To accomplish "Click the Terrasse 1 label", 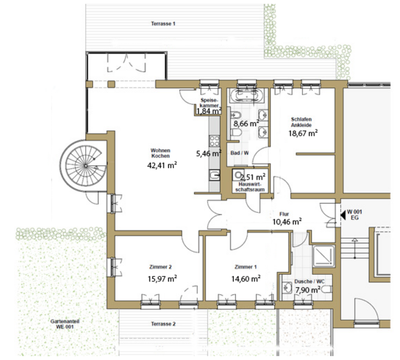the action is coord(163,24).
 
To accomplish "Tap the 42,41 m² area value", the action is coord(162,165).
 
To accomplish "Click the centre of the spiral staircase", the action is coord(86,166).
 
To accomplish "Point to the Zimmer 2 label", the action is coord(160,267).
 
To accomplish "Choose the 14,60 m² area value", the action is coord(246,278).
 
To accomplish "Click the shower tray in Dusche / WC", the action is coord(324,256).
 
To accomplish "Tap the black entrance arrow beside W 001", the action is coord(343,215).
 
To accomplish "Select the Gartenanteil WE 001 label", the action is coord(64,324).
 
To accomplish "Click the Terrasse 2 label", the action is coord(163,324).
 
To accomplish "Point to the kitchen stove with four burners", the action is coord(214,141).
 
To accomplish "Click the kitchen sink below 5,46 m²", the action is coord(214,175).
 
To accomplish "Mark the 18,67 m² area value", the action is coord(303,133).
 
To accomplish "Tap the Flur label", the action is coord(284,214).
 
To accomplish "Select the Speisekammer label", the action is coord(210,103).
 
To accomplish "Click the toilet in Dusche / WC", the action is coord(326,289).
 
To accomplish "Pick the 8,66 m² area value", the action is coord(246,124).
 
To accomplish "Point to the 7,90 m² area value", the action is coord(308,290).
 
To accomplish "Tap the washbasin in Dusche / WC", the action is coord(287,288).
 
